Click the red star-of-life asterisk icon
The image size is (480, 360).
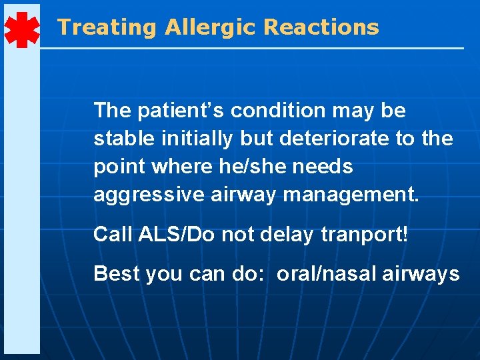pyautogui.click(x=21, y=29)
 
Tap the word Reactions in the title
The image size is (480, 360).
pyautogui.click(x=321, y=27)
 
